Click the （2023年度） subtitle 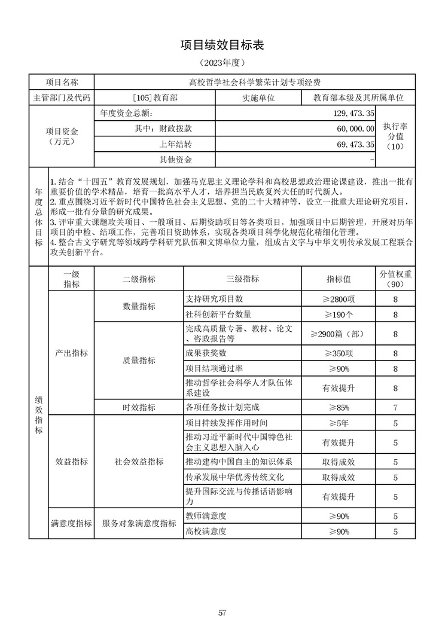coord(222,62)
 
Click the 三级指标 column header coord(242,279)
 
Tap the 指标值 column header coord(339,279)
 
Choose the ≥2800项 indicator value coord(339,299)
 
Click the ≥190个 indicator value coord(339,314)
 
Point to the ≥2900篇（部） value coord(339,334)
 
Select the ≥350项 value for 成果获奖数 coord(339,353)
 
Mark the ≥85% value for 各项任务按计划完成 coord(339,408)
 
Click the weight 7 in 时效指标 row coord(395,408)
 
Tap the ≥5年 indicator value coord(339,423)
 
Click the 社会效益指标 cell coord(139,462)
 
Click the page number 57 coord(222,612)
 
